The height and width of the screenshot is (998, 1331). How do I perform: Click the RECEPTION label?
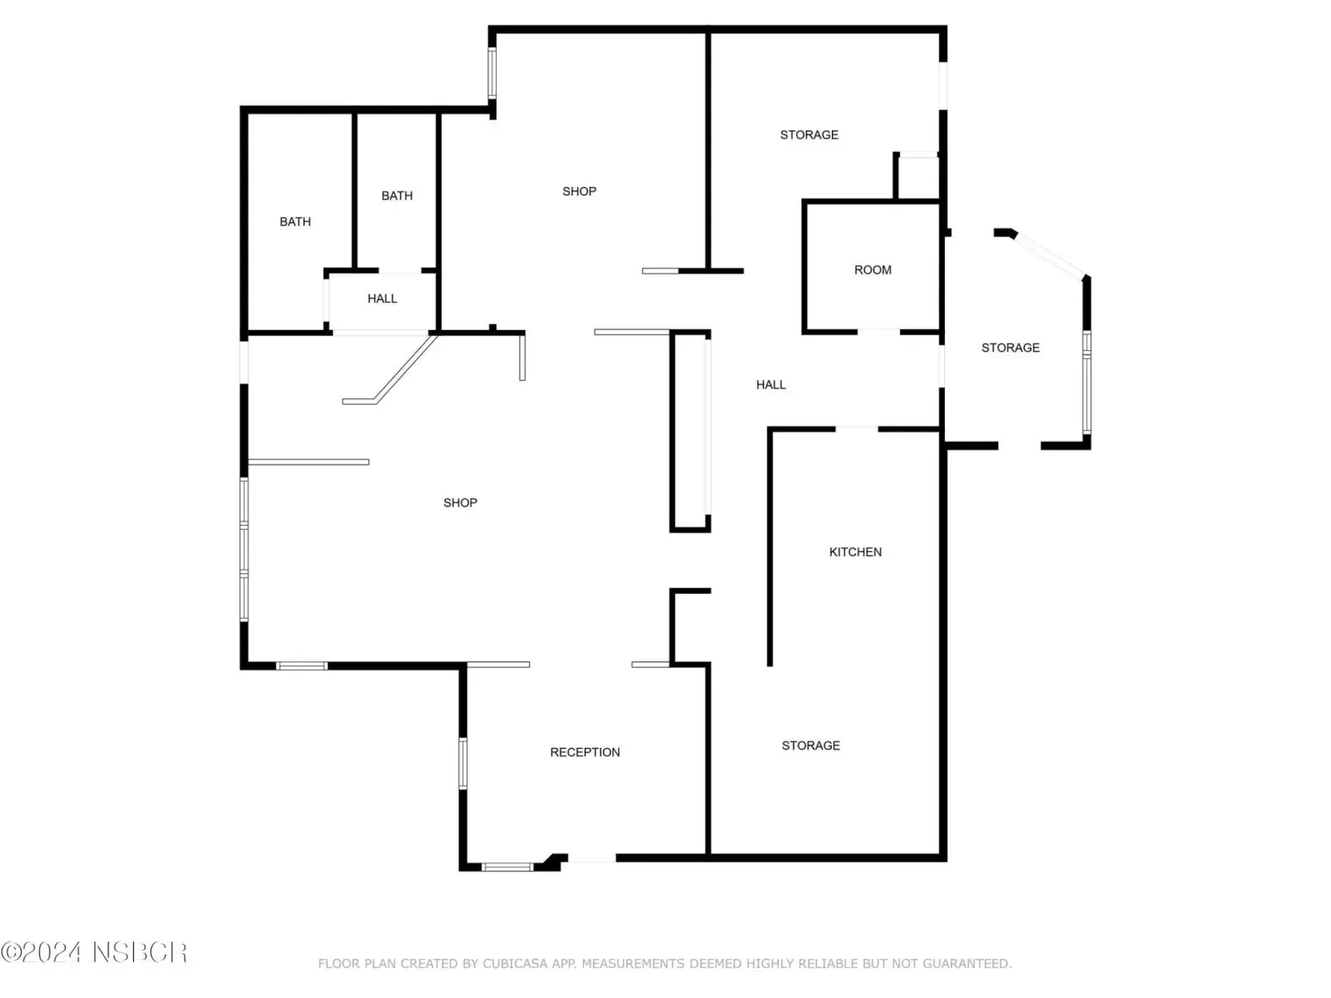[585, 752]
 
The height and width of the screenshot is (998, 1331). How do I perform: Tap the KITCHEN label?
[855, 552]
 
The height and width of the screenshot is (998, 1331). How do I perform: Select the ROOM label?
[873, 270]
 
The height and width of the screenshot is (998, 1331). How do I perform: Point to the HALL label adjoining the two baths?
[382, 299]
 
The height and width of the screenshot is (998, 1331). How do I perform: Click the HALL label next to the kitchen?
[770, 385]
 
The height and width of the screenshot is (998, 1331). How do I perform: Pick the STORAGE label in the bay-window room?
[1010, 348]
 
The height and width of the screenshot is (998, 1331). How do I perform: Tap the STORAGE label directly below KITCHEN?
[811, 745]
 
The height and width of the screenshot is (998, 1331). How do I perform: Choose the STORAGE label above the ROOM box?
[809, 135]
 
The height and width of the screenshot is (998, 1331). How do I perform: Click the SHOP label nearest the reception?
[460, 503]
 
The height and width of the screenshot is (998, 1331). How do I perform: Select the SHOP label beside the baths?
[579, 191]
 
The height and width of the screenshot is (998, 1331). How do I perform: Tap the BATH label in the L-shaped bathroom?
[295, 222]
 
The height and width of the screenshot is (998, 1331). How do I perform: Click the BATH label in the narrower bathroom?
[397, 195]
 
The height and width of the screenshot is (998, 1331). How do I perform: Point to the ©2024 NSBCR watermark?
[94, 952]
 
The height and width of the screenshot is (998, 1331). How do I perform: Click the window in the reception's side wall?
[463, 763]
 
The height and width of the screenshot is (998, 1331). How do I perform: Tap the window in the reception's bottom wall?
[507, 867]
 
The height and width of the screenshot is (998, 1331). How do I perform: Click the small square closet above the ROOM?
[918, 176]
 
